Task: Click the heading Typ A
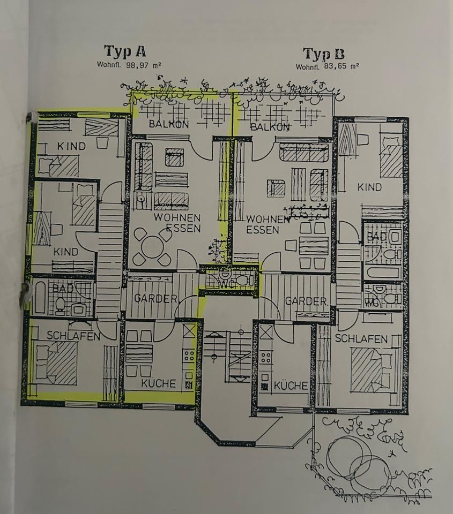[x=125, y=52]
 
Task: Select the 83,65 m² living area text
[x=327, y=67]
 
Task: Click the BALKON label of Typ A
[x=169, y=124]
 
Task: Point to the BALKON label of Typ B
[x=270, y=127]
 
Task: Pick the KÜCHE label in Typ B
[x=291, y=385]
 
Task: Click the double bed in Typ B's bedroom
[x=372, y=369]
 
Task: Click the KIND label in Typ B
[x=370, y=187]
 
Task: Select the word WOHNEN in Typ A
[x=177, y=218]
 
